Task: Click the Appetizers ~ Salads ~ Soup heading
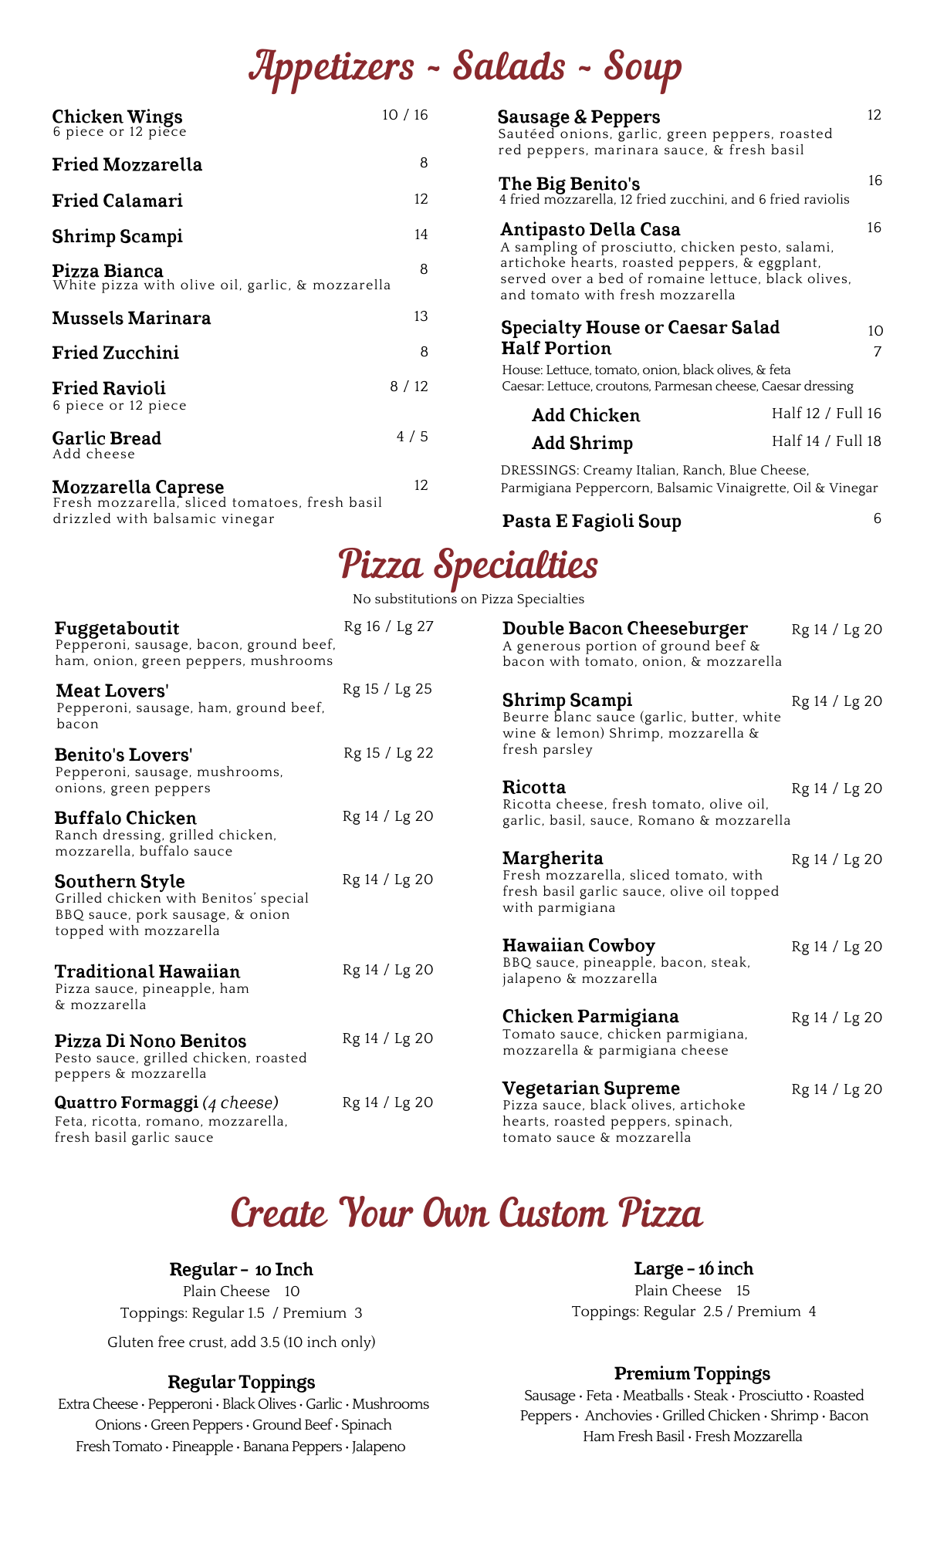tap(465, 67)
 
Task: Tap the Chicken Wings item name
tap(117, 116)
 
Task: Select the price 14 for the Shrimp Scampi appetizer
tap(421, 235)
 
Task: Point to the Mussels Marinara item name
tap(131, 318)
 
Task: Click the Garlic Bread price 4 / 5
tap(412, 437)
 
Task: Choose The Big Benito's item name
tap(569, 184)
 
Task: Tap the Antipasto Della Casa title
tap(590, 229)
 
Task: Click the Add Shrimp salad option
tap(582, 443)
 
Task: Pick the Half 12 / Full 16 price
tap(826, 414)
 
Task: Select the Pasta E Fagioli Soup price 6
tap(877, 518)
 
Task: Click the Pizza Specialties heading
tap(468, 566)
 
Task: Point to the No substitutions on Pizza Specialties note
tap(468, 599)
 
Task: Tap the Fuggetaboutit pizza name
tap(117, 628)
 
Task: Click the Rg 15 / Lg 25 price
tap(387, 689)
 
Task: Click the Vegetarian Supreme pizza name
tap(590, 1089)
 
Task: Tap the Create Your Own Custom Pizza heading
tap(466, 1214)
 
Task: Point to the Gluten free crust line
tap(241, 1342)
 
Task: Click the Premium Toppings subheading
tap(692, 1374)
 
